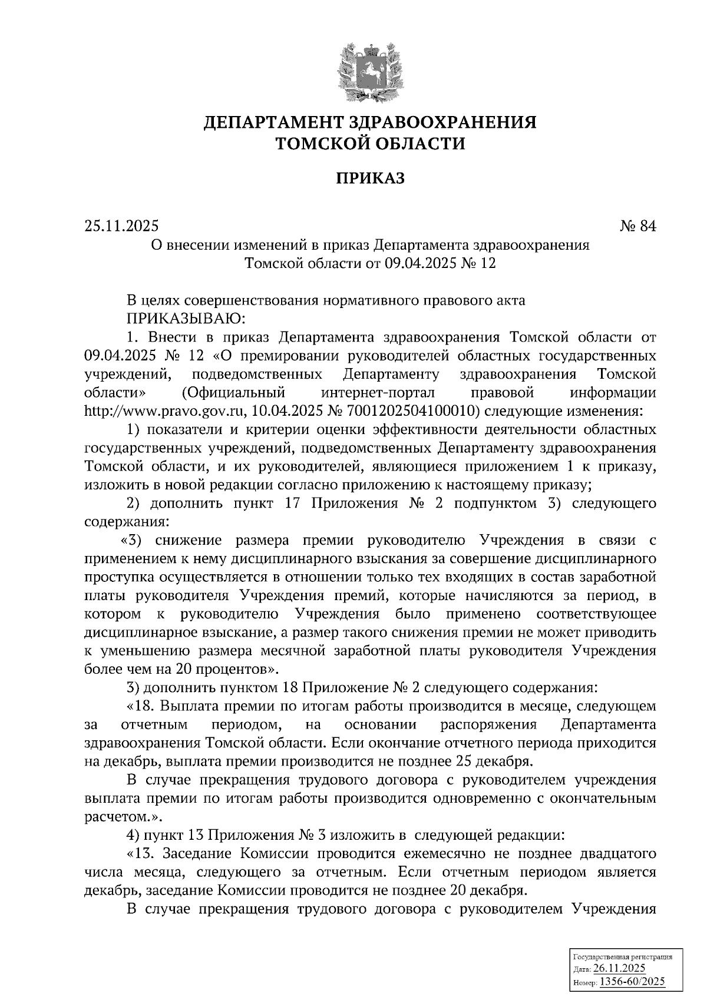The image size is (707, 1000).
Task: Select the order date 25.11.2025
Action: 121,226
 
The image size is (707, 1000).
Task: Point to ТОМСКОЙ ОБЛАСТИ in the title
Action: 371,143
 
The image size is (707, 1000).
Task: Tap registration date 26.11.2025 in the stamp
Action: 619,969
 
